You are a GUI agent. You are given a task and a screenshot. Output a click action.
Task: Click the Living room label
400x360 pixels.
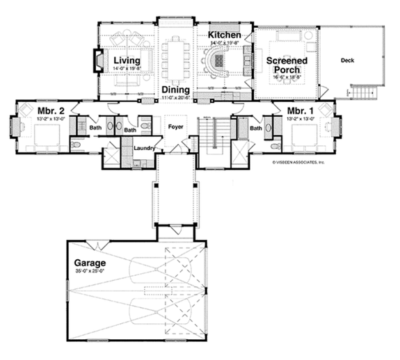[127, 61]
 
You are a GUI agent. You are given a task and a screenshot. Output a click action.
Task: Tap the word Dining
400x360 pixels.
[176, 90]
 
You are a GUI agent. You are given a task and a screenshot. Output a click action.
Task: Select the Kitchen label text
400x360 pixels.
[224, 35]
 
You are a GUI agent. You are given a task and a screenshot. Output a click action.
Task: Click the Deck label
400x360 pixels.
[347, 60]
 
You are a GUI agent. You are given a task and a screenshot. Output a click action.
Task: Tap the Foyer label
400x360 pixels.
[175, 127]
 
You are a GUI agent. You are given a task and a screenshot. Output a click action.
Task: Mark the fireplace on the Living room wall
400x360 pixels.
[97, 61]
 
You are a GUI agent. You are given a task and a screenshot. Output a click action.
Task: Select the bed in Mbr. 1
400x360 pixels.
[306, 138]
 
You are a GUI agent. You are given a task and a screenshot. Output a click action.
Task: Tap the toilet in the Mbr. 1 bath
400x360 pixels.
[275, 147]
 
